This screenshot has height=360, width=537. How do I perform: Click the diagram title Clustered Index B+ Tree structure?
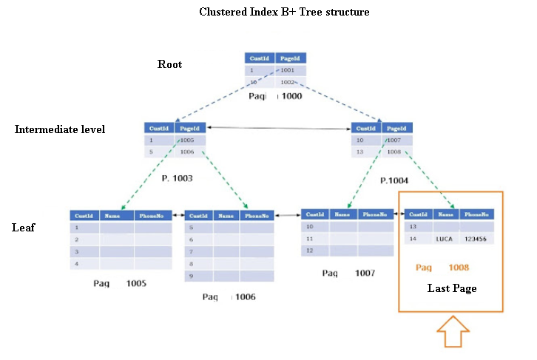pyautogui.click(x=284, y=13)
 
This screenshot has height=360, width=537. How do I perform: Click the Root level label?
pyautogui.click(x=169, y=64)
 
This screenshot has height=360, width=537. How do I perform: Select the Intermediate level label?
pyautogui.click(x=60, y=129)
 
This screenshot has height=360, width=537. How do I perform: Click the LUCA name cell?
pyautogui.click(x=444, y=240)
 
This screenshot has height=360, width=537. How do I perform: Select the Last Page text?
pyautogui.click(x=451, y=288)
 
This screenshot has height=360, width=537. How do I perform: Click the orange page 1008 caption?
pyautogui.click(x=442, y=268)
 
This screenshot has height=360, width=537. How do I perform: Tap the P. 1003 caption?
pyautogui.click(x=178, y=178)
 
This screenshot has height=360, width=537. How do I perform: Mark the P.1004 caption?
pyautogui.click(x=395, y=180)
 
